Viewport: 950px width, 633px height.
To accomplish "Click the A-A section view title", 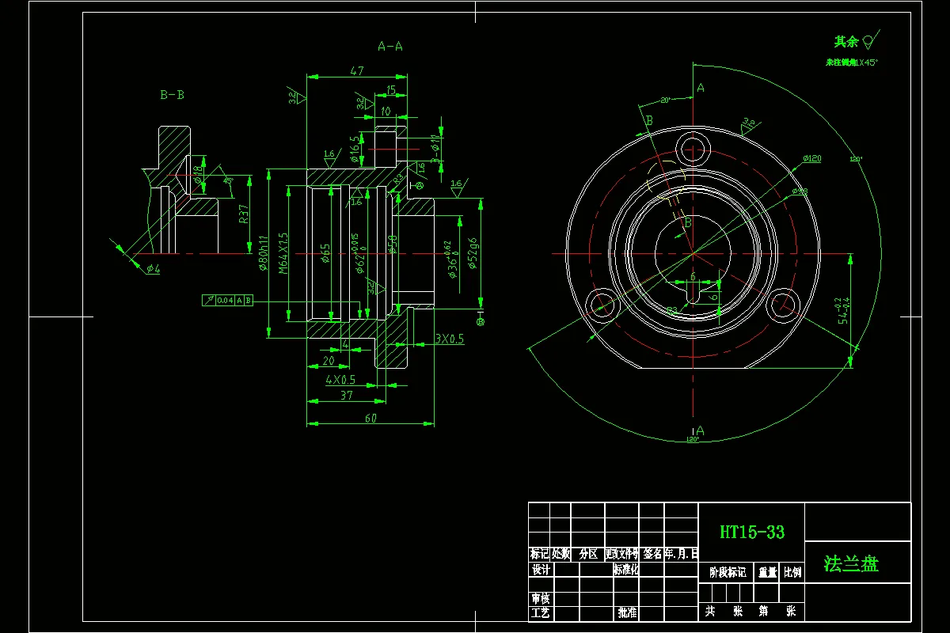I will [389, 46].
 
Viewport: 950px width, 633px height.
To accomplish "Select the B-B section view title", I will [172, 95].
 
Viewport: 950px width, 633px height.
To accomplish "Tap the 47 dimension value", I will [356, 71].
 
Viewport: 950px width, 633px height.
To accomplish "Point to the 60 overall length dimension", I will [370, 418].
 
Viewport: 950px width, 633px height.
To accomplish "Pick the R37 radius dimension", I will [244, 215].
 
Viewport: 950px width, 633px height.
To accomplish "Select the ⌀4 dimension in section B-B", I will [153, 269].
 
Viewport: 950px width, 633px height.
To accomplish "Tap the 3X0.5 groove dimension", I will [450, 339].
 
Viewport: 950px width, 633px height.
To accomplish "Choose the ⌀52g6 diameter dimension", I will [472, 253].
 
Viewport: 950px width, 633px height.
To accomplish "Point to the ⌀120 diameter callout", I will [811, 159].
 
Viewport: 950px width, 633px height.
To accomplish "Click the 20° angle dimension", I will [665, 100].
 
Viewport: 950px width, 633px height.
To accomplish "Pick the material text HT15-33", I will [752, 533].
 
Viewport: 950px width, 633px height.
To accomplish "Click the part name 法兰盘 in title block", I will [851, 563].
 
